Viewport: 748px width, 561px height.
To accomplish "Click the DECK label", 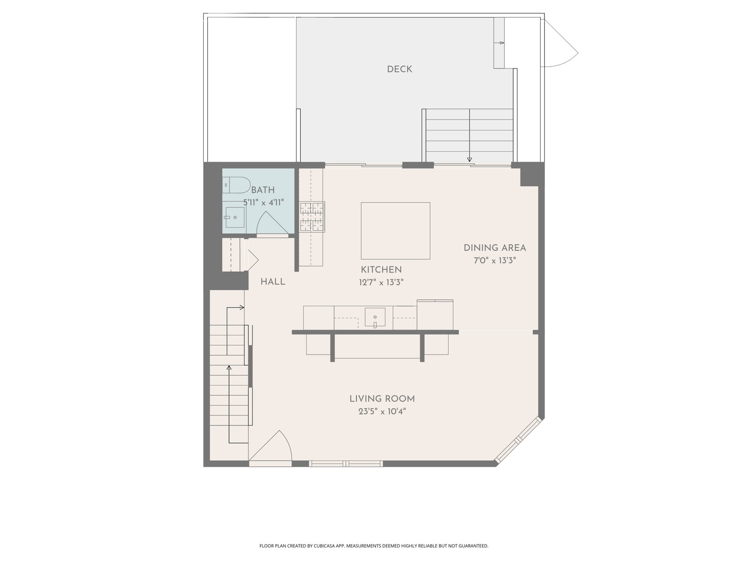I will (399, 69).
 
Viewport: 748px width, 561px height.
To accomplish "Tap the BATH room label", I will (263, 190).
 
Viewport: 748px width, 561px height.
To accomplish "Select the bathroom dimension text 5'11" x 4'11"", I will (263, 203).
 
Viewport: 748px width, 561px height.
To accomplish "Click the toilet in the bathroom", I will (236, 185).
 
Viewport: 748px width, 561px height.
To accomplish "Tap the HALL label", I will (273, 282).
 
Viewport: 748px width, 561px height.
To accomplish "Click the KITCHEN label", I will (381, 270).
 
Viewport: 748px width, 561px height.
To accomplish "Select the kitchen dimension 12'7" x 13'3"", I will (381, 283).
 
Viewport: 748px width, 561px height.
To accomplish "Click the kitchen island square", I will (395, 231).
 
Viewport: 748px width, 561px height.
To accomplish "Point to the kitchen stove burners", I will (312, 217).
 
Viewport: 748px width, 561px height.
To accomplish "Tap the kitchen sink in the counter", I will (375, 316).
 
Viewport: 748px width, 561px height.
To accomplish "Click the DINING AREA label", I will (495, 248).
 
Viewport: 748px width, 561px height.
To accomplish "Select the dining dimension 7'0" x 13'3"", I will (495, 261).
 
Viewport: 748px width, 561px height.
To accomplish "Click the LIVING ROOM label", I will (382, 399).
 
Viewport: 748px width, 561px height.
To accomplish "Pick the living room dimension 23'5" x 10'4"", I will (382, 412).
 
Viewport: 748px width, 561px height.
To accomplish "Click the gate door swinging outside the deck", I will (558, 44).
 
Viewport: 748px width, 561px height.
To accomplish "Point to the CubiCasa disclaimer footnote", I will (373, 546).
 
